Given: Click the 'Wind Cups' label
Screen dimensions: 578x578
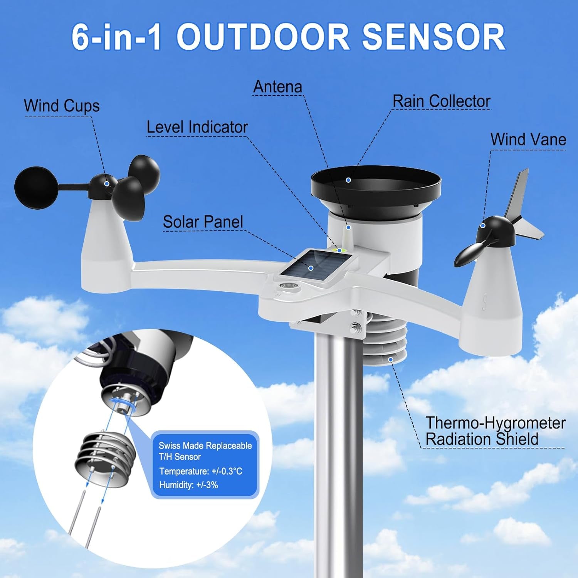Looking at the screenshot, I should pos(62,106).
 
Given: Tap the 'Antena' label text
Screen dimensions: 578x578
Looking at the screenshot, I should pos(277,87).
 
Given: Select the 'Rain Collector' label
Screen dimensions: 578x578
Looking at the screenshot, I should pos(441,101).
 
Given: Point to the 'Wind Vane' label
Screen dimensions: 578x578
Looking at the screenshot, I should pos(528,139).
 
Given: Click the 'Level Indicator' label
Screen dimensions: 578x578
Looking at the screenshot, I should pos(197,127).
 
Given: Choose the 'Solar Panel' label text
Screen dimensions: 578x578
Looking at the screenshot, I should pos(203,222).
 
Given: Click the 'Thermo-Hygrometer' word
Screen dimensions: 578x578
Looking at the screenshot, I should pos(495,423).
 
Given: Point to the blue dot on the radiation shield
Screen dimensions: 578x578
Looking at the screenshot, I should pos(391,360).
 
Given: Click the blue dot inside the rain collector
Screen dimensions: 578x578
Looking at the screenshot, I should pos(348,180).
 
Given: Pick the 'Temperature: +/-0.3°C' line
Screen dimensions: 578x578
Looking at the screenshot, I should pos(201,471).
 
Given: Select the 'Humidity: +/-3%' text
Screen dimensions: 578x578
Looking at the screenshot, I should pos(188,485).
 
